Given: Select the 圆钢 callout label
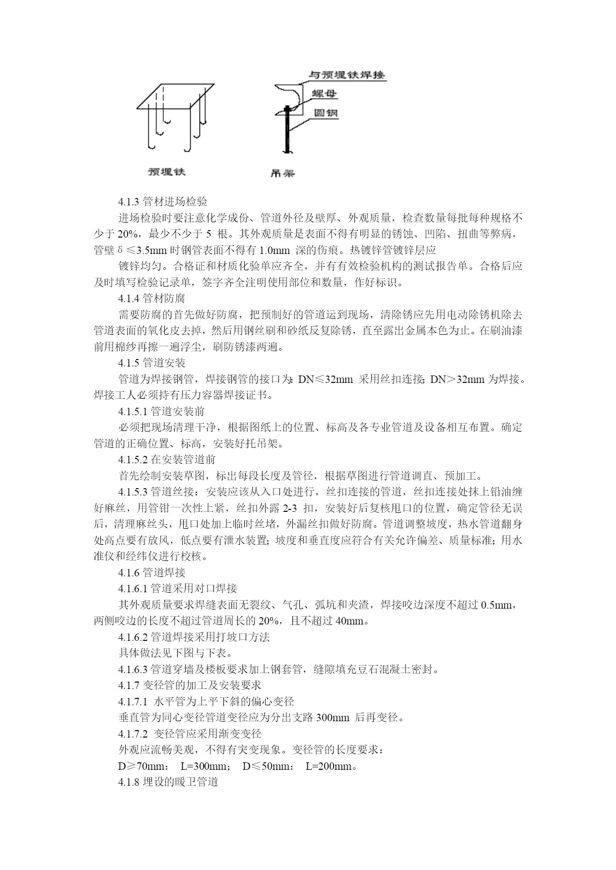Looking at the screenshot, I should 326,113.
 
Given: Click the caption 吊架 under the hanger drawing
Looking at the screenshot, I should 282,173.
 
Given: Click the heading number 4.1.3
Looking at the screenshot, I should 129,202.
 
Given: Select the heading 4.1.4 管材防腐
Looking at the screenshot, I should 151,299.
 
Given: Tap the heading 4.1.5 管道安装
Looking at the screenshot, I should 151,363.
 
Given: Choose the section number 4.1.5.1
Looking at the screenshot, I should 133,412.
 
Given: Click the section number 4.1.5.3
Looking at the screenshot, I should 133,492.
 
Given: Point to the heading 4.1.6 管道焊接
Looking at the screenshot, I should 151,573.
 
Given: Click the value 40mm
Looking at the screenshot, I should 352,621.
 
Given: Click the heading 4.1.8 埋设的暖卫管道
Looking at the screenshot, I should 168,783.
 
